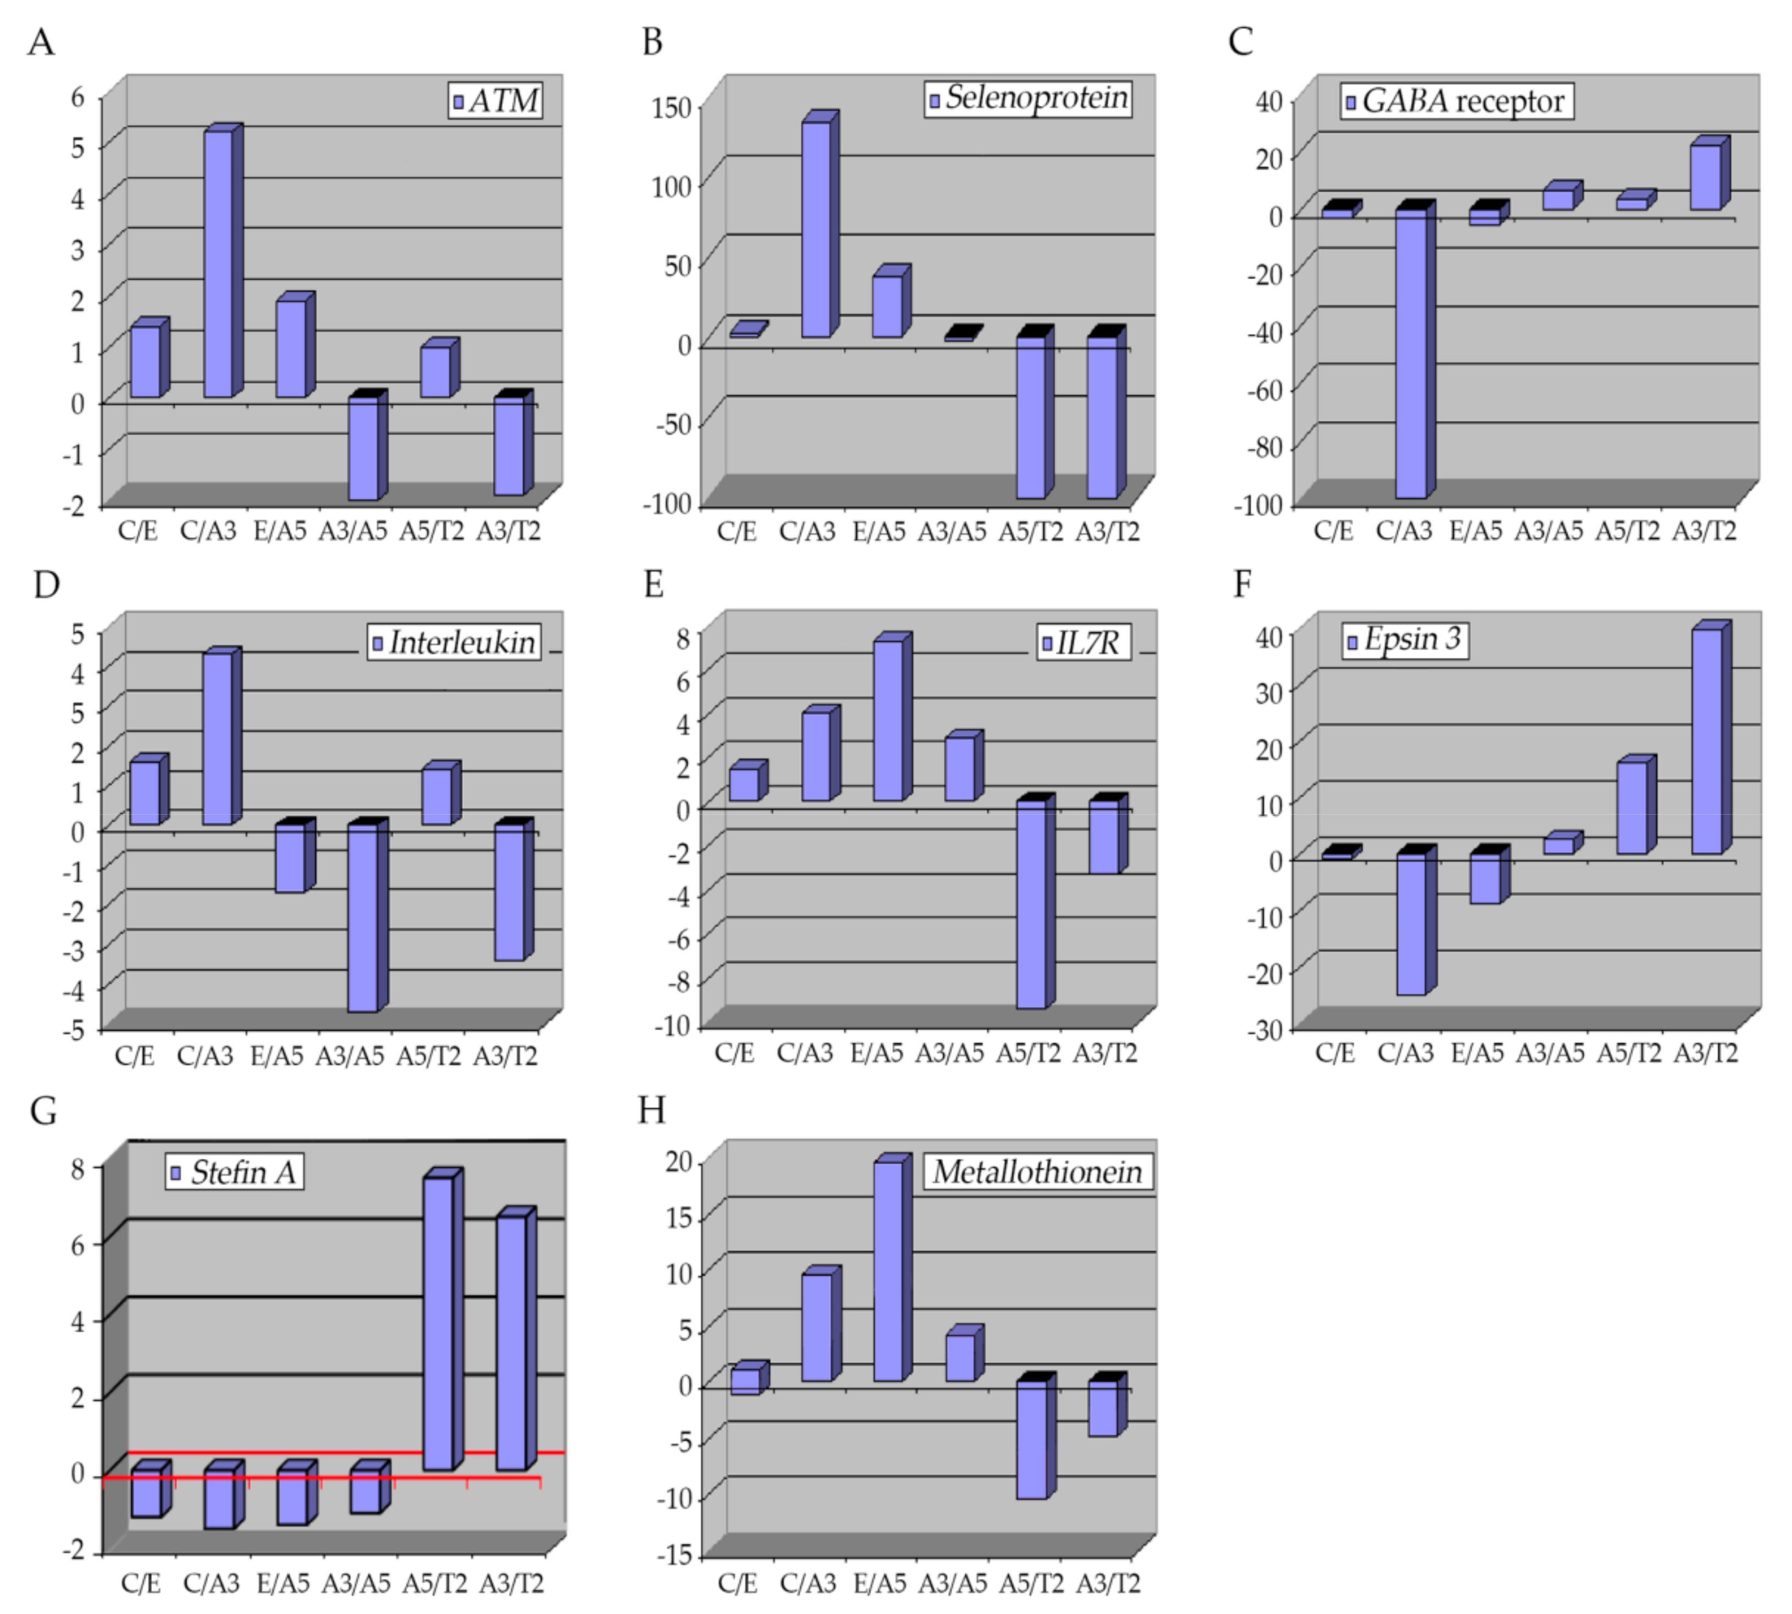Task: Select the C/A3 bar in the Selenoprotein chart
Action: [x=817, y=229]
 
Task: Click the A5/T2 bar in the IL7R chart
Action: [x=1030, y=904]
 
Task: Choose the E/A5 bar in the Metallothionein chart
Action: [x=888, y=1270]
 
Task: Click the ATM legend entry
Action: [x=495, y=100]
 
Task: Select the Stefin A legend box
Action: [x=235, y=1173]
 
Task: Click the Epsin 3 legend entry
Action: [x=1404, y=639]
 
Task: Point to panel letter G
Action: [x=43, y=1110]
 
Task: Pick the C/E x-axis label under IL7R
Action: [x=734, y=1053]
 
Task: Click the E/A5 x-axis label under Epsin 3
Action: [x=1477, y=1053]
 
